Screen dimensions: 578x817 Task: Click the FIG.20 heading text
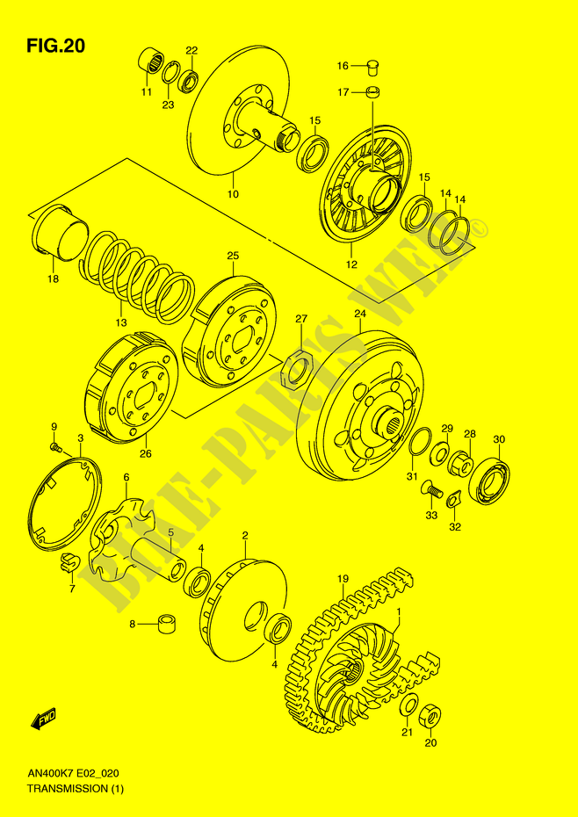[55, 47]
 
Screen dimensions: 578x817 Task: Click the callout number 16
[342, 66]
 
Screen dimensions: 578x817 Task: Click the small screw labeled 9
[54, 446]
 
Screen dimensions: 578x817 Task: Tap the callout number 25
[233, 256]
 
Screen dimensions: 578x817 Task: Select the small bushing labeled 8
[166, 623]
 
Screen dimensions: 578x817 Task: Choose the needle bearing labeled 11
[151, 61]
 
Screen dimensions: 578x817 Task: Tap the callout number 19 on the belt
[343, 578]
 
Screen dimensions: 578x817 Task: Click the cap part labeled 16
[373, 66]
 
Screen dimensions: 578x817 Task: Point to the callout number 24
[360, 314]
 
